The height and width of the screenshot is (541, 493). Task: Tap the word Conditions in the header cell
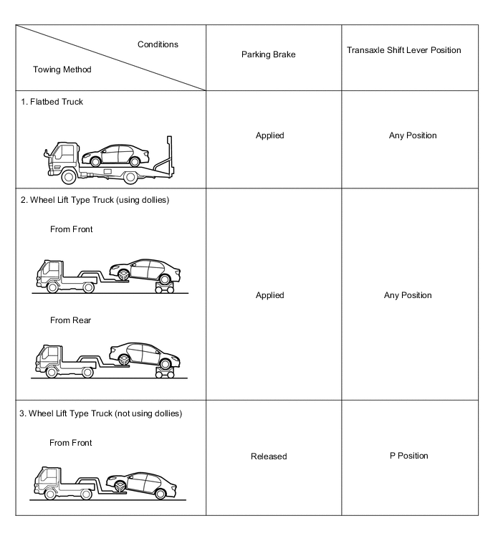158,44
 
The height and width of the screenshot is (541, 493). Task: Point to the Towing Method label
62,70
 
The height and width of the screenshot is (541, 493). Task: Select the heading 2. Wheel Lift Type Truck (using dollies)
100,199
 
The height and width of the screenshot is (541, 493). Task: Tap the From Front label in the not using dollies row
70,443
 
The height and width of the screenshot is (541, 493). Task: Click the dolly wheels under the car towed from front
163,287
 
